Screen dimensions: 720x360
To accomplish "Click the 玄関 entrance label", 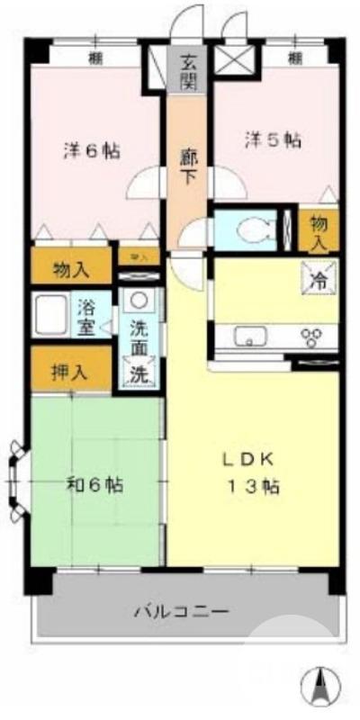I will click(x=188, y=71).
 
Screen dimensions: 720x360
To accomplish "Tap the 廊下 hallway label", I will click(x=188, y=164).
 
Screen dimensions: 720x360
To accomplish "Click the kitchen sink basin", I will click(x=249, y=337).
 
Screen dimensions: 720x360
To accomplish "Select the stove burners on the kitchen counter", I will click(x=314, y=337).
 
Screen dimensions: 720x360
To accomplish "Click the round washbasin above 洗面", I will click(x=138, y=301).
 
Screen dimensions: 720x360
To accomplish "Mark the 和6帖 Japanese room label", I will click(x=94, y=484).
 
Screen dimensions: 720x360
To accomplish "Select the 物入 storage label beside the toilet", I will click(x=319, y=231).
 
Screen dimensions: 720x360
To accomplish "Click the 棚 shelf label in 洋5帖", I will click(x=294, y=58).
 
